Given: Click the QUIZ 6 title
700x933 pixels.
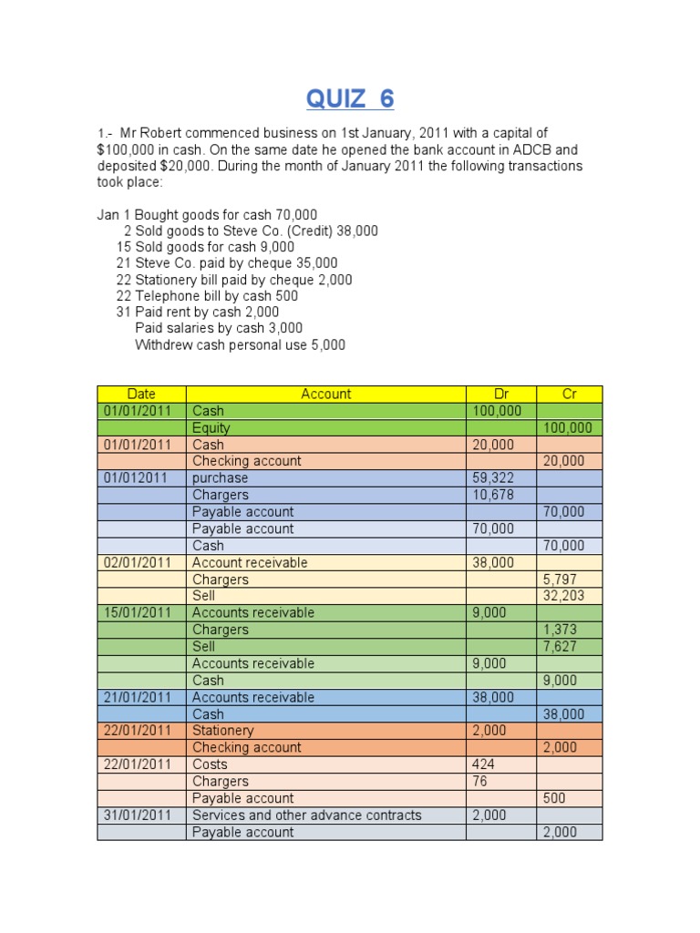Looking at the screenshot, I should (x=350, y=97).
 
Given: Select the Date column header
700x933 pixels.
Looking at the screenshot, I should (x=141, y=395).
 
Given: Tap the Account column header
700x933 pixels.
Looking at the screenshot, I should (x=325, y=395).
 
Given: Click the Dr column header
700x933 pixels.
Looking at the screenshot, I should (x=501, y=395).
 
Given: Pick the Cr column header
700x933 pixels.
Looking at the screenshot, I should (x=570, y=395).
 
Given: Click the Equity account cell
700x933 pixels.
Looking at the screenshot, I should (x=211, y=428).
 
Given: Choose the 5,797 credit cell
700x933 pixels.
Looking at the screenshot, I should (x=560, y=579).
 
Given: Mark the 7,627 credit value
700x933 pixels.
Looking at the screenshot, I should (x=560, y=646).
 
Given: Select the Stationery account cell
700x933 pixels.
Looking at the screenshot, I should (x=223, y=731).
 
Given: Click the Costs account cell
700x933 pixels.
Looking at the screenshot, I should (x=210, y=764).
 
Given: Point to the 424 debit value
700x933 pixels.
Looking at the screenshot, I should (x=482, y=764).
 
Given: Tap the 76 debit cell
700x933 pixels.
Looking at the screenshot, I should (x=479, y=781).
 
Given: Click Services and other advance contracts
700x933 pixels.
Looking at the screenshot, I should (x=307, y=815).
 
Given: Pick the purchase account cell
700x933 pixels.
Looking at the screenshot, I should (x=221, y=478).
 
